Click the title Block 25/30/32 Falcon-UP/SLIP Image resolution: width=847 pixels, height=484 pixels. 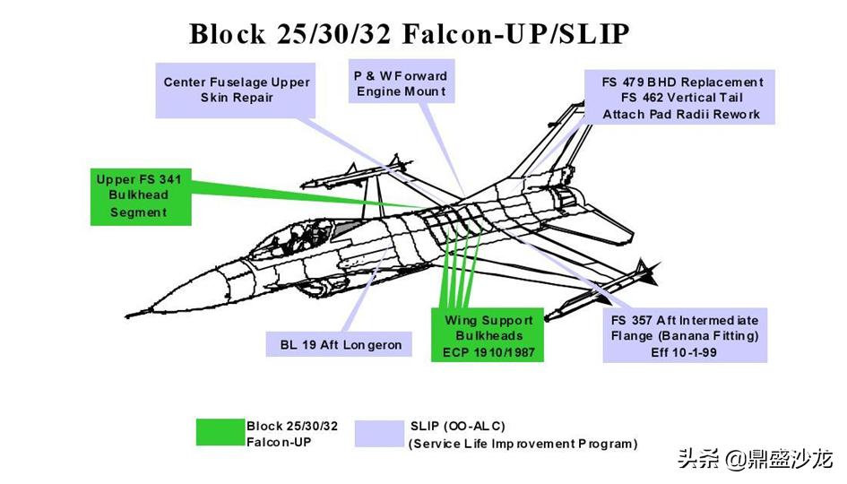[410, 33]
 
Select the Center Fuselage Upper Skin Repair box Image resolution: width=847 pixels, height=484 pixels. [236, 90]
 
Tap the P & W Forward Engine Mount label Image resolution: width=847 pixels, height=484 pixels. [400, 83]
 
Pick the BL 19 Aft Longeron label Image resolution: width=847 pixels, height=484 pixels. [341, 344]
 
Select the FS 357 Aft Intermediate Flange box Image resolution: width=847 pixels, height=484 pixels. [684, 336]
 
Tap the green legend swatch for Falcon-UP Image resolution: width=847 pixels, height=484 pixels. [220, 432]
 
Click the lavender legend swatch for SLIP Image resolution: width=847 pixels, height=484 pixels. [379, 433]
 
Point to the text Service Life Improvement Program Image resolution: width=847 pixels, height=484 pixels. [523, 444]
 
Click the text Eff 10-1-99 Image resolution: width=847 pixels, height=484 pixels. [684, 352]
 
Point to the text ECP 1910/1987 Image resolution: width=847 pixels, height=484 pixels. [488, 352]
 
